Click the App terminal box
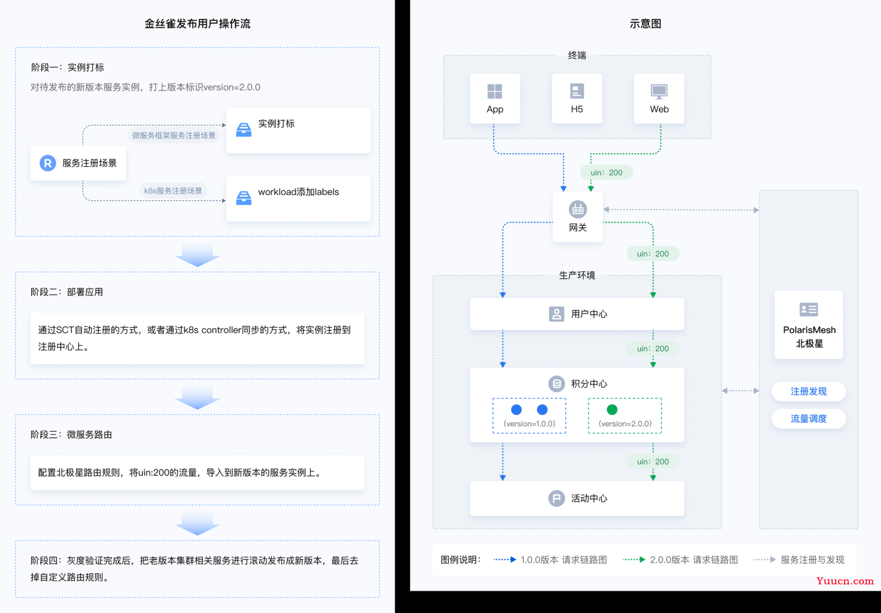click(495, 98)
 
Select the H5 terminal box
click(577, 98)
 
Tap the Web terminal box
click(659, 98)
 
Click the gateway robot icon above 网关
click(578, 209)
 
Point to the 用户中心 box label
click(589, 314)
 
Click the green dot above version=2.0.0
click(612, 410)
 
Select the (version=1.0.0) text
click(529, 424)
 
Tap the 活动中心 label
click(589, 498)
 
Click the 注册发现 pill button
click(809, 391)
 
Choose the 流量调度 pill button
click(809, 419)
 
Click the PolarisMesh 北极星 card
click(809, 325)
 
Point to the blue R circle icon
click(48, 163)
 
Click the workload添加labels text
click(298, 192)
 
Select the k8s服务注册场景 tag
click(173, 191)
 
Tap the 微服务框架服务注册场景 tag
click(173, 135)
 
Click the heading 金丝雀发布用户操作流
click(197, 23)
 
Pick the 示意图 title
click(645, 23)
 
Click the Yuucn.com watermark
click(845, 581)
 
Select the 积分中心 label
click(589, 383)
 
